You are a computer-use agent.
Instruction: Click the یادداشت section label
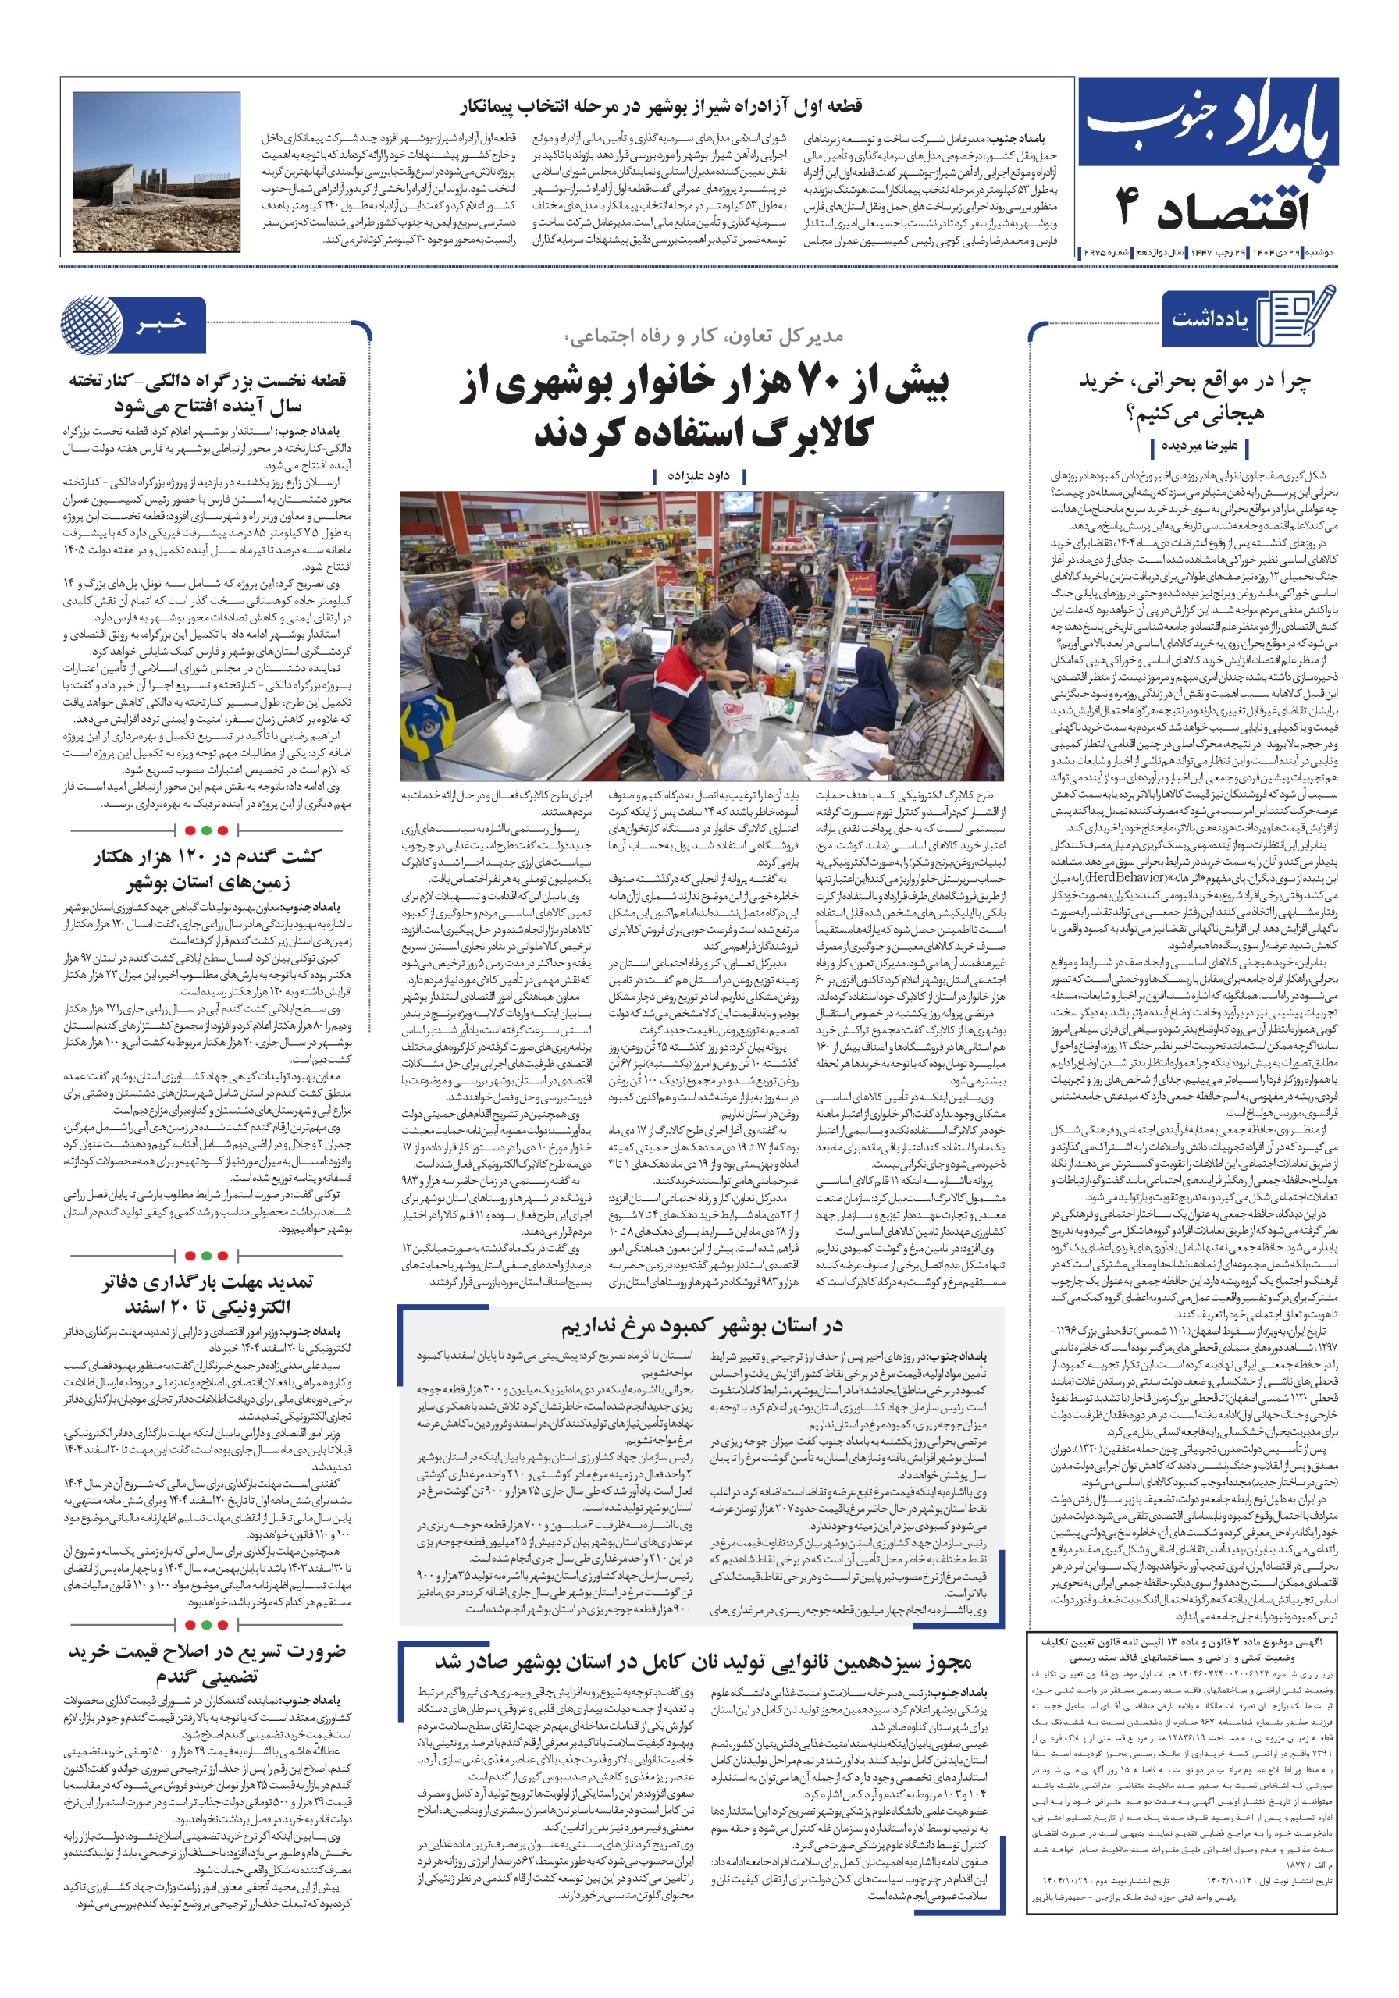(1209, 320)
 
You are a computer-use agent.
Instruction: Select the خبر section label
(161, 323)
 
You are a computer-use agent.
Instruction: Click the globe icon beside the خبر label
(91, 324)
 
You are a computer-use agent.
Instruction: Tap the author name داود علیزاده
(698, 476)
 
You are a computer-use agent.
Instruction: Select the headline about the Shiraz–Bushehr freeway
(660, 106)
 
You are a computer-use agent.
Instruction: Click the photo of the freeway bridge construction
(157, 173)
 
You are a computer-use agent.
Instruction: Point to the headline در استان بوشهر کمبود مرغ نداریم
(701, 1326)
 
